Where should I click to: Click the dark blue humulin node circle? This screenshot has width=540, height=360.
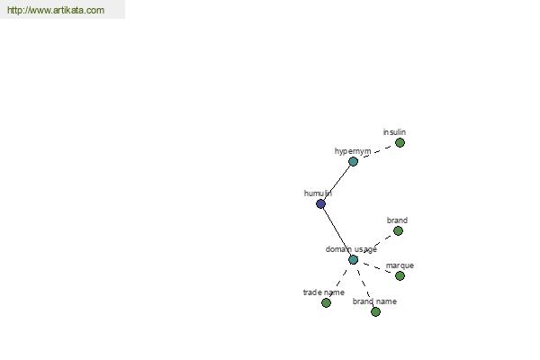pos(320,204)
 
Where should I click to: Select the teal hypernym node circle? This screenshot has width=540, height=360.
pos(353,161)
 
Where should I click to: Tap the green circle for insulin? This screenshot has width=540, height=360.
pos(400,142)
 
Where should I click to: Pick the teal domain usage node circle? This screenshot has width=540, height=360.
pos(353,260)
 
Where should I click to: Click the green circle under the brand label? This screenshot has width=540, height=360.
pos(398,230)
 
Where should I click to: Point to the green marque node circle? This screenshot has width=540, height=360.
pos(400,275)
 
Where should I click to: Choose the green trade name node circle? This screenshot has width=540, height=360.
pos(326,302)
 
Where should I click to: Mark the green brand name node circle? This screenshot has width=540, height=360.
pos(375,311)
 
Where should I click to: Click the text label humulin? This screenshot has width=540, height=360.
pos(318,193)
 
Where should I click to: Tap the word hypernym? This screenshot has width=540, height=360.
pos(353,151)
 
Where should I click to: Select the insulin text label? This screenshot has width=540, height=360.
pos(394,132)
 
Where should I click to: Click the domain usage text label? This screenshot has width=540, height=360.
pos(351,249)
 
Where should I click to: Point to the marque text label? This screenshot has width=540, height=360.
pos(400,265)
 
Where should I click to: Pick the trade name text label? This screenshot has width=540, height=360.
pos(323,292)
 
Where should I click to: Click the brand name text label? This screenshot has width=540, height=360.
pos(374,301)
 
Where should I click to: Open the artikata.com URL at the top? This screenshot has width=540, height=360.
pos(56,10)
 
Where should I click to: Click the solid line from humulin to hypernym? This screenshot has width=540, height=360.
pos(337,183)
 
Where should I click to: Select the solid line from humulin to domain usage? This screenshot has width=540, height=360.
pos(337,232)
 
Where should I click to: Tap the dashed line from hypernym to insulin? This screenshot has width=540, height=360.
pos(376,152)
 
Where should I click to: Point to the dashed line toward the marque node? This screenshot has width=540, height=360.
pos(376,267)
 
